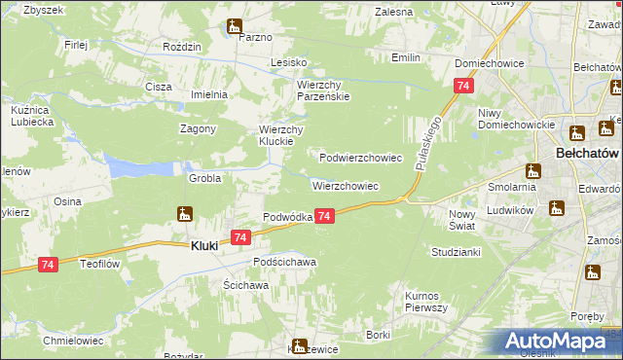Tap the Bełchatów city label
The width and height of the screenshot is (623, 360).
[x=588, y=154]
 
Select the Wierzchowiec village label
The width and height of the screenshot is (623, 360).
[x=345, y=185]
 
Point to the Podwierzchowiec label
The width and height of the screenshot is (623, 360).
[x=361, y=157]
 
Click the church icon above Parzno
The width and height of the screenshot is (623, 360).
[x=235, y=26]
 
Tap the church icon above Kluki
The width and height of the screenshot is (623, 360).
[x=185, y=214]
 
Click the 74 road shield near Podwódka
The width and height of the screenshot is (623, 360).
[x=325, y=216]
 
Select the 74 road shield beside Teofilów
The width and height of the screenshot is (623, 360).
[x=50, y=264]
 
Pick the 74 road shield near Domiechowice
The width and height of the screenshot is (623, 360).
[x=457, y=87]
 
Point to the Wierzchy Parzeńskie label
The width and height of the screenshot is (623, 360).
[x=323, y=90]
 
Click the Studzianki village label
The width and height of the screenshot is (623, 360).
[x=457, y=251]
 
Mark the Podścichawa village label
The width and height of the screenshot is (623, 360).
[x=285, y=263]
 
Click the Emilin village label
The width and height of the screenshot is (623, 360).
[x=406, y=58]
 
